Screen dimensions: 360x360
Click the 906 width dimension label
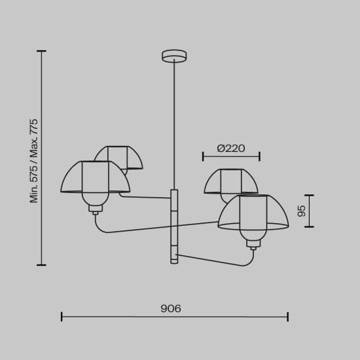(x=171, y=308)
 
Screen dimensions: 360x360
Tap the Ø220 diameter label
(x=230, y=149)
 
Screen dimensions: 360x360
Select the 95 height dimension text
(x=302, y=211)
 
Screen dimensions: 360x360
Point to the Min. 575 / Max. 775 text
(x=34, y=161)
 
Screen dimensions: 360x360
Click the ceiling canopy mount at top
(x=174, y=56)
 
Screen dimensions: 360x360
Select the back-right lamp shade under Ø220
(x=230, y=180)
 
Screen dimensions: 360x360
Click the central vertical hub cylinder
(x=174, y=226)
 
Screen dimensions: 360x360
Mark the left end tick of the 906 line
(x=62, y=317)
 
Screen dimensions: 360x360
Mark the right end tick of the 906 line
(x=288, y=317)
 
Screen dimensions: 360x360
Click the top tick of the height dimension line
(x=42, y=51)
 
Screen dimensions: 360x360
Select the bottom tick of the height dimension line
(x=42, y=265)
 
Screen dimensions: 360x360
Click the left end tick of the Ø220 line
(x=203, y=156)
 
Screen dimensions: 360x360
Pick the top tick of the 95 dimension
(x=309, y=195)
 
